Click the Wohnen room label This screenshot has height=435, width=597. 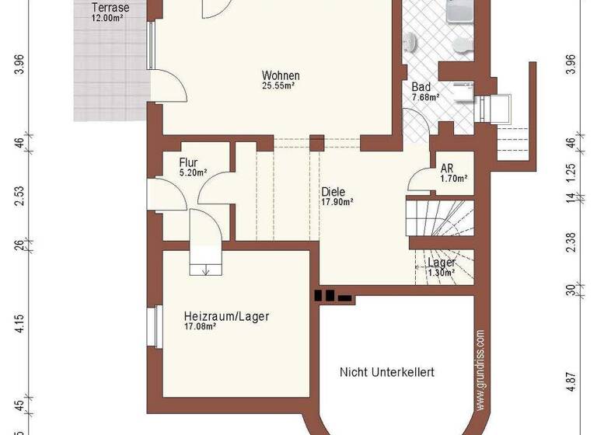coord(281,75)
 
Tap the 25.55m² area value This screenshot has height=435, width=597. coord(278,86)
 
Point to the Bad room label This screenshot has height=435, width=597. coord(422,87)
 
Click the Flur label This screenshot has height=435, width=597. coord(189,162)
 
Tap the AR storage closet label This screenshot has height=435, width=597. coord(447,168)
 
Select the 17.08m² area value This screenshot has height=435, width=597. coord(200,327)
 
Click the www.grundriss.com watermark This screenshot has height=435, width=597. coord(480,369)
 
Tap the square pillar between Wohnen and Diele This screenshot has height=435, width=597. coord(316,142)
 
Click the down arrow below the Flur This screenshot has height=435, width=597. coord(206,270)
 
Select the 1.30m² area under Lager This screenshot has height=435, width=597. coord(441,273)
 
